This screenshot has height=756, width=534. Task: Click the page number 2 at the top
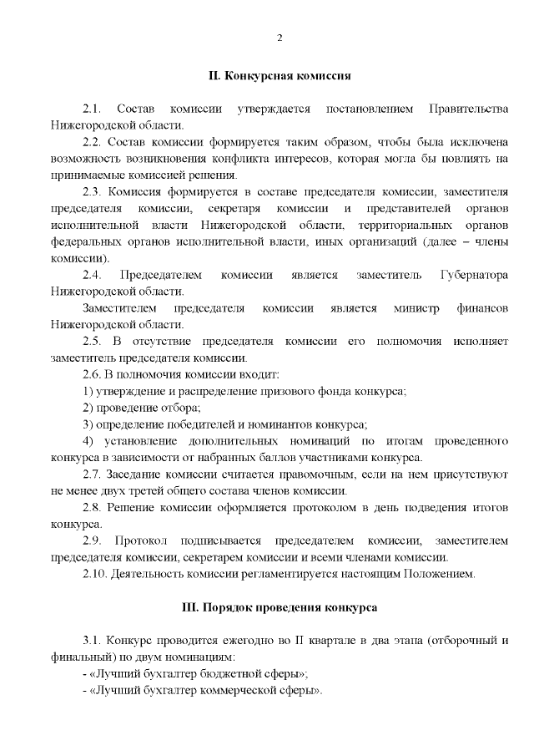click(280, 38)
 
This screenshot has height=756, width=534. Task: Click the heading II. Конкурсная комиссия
click(279, 75)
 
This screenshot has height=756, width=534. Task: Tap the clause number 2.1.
click(92, 109)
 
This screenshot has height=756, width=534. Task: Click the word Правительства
click(467, 109)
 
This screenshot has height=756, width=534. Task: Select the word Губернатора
click(469, 275)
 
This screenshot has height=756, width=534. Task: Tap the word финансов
click(482, 308)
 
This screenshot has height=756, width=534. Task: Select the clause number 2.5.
click(92, 341)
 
